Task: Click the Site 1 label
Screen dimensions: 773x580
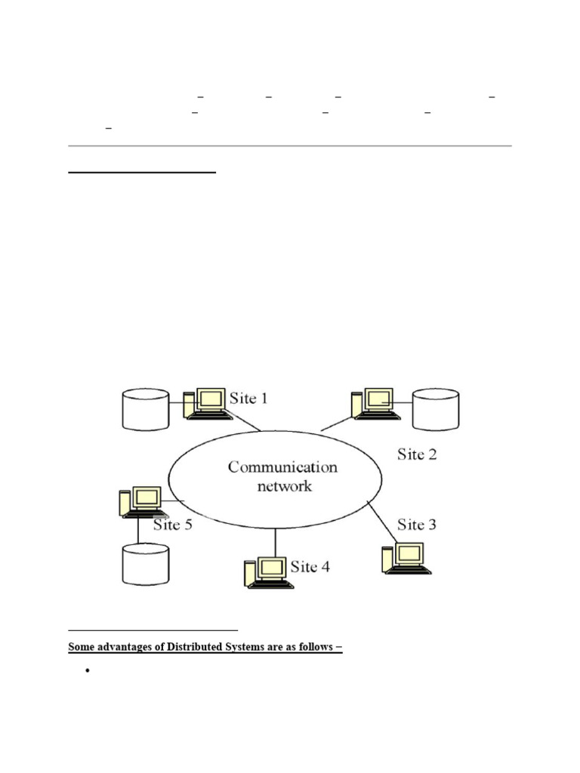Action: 248,398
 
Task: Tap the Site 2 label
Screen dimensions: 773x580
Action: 417,454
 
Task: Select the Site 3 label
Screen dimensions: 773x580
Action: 417,524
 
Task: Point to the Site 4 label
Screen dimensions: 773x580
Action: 310,566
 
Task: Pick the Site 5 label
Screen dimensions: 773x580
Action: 173,525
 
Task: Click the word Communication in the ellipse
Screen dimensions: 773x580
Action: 282,467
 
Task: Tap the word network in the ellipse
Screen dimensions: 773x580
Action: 283,487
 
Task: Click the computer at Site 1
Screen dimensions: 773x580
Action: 206,404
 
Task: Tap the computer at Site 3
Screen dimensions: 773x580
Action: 406,558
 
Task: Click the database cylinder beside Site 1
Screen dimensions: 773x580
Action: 145,409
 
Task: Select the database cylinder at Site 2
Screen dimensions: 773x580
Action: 436,409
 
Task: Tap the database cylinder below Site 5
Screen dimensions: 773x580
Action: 145,564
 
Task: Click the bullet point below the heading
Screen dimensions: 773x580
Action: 88,671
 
